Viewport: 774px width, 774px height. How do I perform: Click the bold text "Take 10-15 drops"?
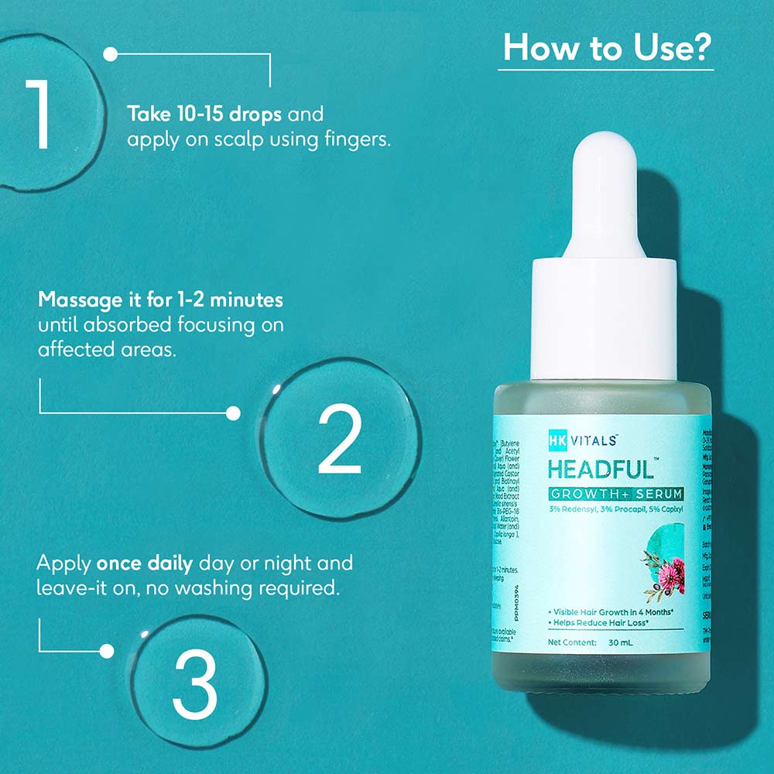[206, 115]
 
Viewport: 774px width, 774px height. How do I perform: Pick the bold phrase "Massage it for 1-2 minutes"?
[160, 299]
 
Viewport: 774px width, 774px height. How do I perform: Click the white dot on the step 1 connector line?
[111, 54]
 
